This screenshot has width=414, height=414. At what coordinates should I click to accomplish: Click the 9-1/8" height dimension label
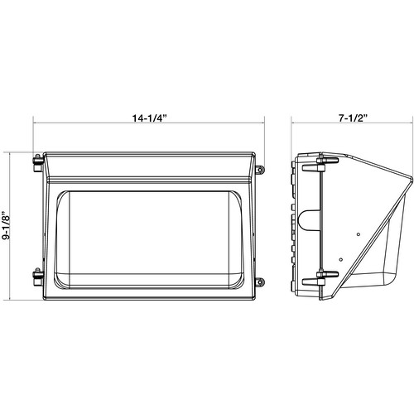[9, 224]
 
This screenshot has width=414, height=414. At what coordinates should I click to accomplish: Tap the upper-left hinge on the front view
[37, 161]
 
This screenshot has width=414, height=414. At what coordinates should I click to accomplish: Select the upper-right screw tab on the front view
[260, 171]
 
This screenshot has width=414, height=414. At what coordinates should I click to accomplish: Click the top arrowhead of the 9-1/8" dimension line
[9, 152]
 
